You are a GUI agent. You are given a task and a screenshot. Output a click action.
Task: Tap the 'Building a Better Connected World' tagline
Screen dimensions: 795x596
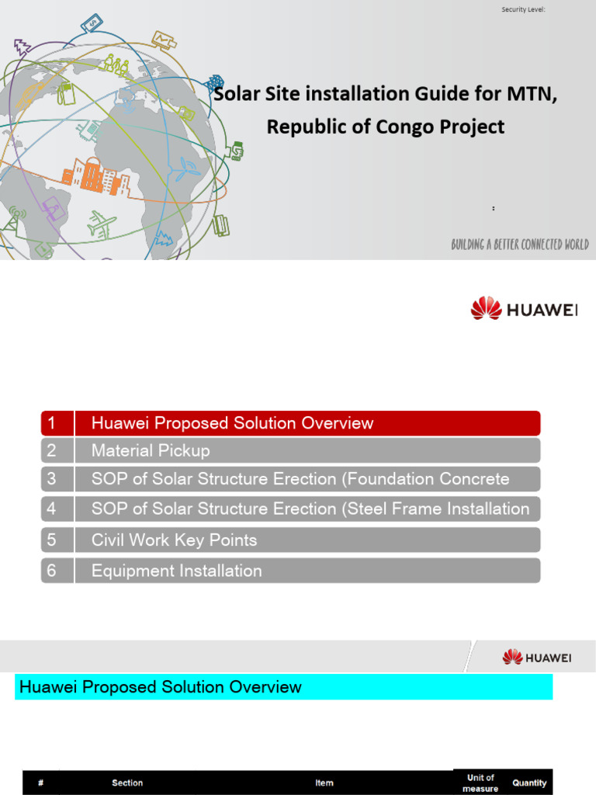coord(520,245)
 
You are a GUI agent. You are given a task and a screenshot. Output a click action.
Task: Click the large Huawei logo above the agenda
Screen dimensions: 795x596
coord(525,309)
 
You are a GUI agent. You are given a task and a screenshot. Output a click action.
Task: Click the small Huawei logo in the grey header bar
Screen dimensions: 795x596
coord(537,658)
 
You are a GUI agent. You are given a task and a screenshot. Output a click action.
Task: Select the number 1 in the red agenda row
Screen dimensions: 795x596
coord(52,423)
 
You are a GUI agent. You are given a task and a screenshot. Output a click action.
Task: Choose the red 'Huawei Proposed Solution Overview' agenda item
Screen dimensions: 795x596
coord(232,423)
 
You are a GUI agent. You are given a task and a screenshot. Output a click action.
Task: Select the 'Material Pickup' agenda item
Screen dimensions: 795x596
coord(151,450)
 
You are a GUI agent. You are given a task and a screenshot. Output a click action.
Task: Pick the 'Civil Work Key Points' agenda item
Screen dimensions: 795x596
coord(174,540)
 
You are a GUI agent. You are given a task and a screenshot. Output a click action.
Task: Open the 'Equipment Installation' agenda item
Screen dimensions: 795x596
coord(176,571)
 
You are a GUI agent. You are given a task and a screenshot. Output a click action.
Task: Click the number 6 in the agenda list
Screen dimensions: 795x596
coord(52,571)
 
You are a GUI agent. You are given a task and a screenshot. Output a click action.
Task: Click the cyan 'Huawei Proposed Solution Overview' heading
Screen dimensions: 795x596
coord(161,687)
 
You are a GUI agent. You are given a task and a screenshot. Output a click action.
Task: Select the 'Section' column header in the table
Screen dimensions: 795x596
coord(127,783)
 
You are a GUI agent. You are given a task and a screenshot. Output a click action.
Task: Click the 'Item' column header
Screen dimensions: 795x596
coord(324,783)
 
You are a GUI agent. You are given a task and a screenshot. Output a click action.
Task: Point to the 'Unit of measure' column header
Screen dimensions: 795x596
coord(480,783)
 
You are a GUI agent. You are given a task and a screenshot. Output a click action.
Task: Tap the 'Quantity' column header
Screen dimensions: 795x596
coord(529,783)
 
